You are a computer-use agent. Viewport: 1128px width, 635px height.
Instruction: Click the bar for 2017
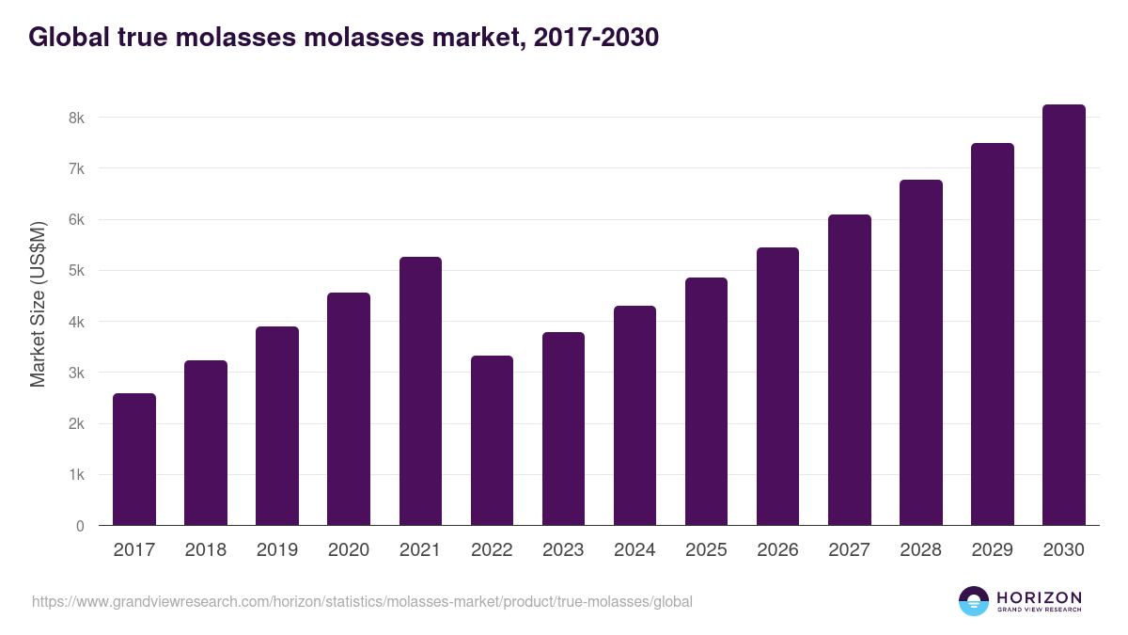pyautogui.click(x=134, y=459)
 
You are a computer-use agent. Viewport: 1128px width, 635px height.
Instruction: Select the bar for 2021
pyautogui.click(x=420, y=390)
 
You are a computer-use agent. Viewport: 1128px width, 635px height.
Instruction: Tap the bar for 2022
pyautogui.click(x=492, y=440)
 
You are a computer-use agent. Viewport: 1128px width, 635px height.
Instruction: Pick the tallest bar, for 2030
pyautogui.click(x=1063, y=315)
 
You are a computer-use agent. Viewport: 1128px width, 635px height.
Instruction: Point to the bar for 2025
pyautogui.click(x=706, y=401)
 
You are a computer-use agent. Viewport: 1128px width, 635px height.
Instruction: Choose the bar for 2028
pyautogui.click(x=920, y=353)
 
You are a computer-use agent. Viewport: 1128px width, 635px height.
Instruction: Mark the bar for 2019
pyautogui.click(x=277, y=425)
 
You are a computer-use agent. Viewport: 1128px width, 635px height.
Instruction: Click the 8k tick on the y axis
pyautogui.click(x=76, y=118)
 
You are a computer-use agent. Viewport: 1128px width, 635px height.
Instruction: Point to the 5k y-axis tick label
pyautogui.click(x=76, y=271)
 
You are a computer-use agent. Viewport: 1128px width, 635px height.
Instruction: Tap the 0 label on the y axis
pyautogui.click(x=81, y=526)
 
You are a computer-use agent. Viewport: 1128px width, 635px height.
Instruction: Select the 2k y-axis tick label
pyautogui.click(x=76, y=424)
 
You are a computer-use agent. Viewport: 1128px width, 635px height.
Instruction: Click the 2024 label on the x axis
pyautogui.click(x=634, y=550)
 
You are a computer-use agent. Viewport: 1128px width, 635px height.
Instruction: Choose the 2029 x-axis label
pyautogui.click(x=992, y=550)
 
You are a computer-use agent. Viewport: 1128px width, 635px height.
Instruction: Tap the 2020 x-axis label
pyautogui.click(x=349, y=550)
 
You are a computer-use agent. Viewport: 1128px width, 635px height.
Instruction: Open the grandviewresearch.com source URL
pyautogui.click(x=362, y=601)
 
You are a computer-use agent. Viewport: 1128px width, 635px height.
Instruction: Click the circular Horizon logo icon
pyautogui.click(x=974, y=601)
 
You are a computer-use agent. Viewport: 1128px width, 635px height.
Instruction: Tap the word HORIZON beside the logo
pyautogui.click(x=1039, y=597)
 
